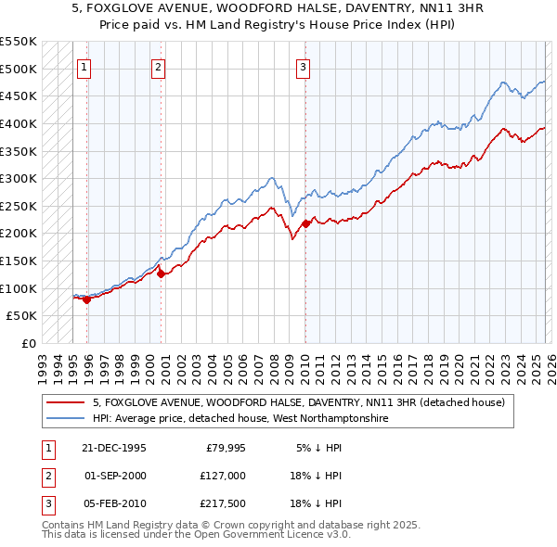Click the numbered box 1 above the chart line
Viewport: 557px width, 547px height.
[x=84, y=66]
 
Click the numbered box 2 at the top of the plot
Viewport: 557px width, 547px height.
[x=159, y=66]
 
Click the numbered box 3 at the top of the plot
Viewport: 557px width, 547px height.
[x=304, y=66]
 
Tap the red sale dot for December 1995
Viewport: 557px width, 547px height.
[x=86, y=299]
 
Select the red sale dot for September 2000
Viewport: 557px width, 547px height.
[x=161, y=273]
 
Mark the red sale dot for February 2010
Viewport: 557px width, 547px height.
[x=306, y=223]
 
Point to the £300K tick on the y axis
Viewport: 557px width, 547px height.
[x=19, y=178]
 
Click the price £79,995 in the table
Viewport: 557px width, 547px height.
[x=226, y=448]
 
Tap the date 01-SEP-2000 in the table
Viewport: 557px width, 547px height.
[x=114, y=476]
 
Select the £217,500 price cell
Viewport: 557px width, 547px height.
[x=224, y=503]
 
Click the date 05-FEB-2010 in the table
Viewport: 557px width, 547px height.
[x=114, y=503]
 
